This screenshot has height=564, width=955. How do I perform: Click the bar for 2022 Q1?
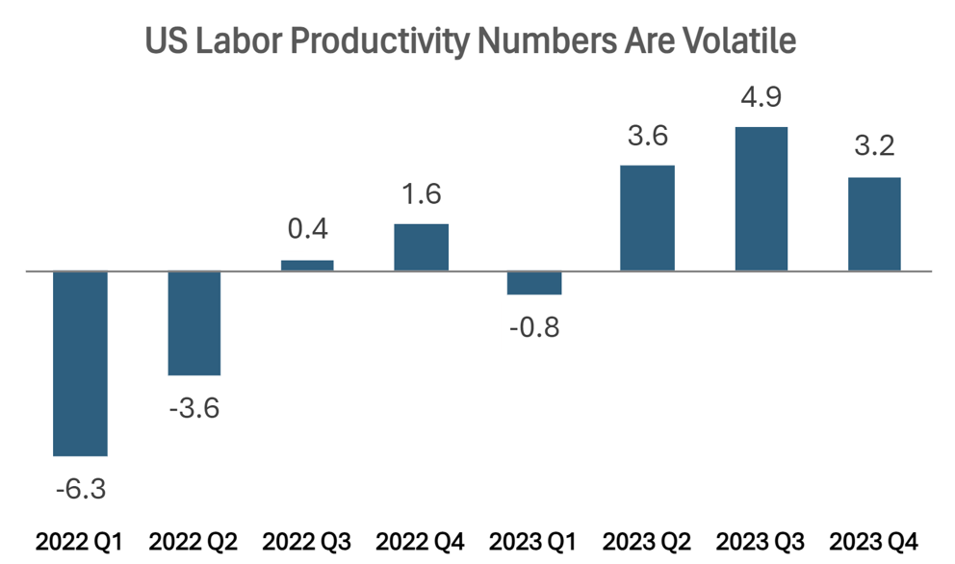(80, 363)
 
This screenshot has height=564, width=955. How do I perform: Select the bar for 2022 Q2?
(194, 323)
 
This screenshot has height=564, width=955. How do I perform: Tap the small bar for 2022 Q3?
(307, 265)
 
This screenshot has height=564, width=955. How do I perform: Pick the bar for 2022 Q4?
(421, 247)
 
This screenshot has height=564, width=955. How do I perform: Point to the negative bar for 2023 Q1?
(533, 283)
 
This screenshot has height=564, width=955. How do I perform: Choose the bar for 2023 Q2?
(647, 218)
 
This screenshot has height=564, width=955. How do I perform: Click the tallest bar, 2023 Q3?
(761, 199)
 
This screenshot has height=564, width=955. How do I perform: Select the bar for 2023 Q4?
(874, 224)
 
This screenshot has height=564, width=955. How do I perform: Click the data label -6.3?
(80, 489)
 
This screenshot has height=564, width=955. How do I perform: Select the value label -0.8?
(533, 327)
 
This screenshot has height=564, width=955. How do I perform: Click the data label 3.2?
(874, 146)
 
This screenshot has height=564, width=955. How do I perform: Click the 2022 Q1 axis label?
(80, 541)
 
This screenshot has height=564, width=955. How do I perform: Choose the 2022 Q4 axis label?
(421, 541)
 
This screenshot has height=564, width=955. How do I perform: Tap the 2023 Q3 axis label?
(761, 541)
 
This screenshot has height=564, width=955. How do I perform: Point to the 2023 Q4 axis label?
(874, 541)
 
